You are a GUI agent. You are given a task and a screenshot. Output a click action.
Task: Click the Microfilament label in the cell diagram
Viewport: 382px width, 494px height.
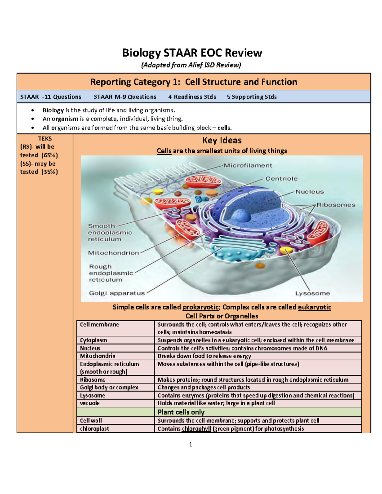(x=248, y=165)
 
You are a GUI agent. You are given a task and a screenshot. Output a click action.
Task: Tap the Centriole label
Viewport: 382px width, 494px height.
(x=281, y=179)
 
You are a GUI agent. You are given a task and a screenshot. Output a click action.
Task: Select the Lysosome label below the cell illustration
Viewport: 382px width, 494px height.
(x=312, y=293)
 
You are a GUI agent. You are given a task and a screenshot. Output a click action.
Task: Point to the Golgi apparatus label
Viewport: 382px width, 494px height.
(x=117, y=293)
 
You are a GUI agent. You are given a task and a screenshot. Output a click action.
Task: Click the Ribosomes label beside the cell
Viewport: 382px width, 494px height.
(x=336, y=205)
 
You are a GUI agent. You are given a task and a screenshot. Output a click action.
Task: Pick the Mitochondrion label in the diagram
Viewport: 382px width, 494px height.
(x=114, y=253)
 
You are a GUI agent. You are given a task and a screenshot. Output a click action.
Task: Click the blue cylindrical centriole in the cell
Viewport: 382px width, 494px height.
(x=199, y=199)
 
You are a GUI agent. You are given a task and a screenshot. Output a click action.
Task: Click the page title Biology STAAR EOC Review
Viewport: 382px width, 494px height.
(x=192, y=52)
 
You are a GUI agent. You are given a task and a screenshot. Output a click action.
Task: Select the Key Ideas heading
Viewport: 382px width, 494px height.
(x=222, y=140)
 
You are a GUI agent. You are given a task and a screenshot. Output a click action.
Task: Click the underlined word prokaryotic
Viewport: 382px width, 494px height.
(x=201, y=307)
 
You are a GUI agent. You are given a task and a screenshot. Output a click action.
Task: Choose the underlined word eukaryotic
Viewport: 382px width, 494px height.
(x=315, y=307)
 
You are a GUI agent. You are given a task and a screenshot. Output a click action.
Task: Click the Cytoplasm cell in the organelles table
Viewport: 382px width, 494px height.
(x=94, y=340)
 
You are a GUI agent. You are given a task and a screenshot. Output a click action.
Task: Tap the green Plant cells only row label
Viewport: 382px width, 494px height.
(x=181, y=412)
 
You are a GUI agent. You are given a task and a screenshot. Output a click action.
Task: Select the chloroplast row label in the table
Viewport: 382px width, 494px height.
(x=95, y=428)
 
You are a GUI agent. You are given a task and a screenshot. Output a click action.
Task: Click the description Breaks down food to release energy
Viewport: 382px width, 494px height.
(x=204, y=356)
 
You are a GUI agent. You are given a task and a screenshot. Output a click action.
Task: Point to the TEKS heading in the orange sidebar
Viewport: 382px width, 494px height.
(x=45, y=139)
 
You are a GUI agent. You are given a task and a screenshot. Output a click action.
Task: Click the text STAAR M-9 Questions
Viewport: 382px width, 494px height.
(x=125, y=97)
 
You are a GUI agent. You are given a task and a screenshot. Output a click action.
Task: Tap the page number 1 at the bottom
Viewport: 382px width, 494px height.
(x=190, y=445)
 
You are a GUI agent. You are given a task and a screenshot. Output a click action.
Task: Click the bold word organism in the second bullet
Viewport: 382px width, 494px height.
(x=65, y=119)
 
